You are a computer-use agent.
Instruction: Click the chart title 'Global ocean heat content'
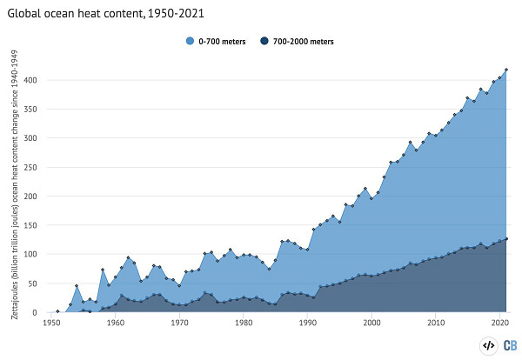(76, 13)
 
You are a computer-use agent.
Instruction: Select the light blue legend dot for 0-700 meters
(190, 41)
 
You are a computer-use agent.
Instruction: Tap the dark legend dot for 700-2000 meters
(264, 41)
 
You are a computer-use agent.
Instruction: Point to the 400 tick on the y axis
(30, 80)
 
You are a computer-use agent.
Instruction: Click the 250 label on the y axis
(30, 167)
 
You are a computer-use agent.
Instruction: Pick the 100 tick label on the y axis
(30, 254)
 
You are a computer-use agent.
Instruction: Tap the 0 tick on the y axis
(34, 312)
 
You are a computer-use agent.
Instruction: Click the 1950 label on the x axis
(51, 323)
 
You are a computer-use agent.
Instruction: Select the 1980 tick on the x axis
(244, 323)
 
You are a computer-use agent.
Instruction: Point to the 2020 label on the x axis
(499, 323)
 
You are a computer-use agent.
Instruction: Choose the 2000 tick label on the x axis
(371, 323)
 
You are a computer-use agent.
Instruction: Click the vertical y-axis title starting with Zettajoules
(15, 184)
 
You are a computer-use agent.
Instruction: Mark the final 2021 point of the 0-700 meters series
(506, 70)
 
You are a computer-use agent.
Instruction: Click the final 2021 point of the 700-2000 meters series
(506, 239)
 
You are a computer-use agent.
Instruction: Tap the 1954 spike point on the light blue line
(77, 285)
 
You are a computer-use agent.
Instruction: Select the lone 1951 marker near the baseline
(57, 311)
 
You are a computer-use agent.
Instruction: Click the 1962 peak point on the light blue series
(128, 257)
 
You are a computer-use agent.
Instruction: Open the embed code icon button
(488, 346)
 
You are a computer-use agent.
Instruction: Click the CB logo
(510, 346)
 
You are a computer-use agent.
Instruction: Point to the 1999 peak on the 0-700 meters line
(365, 189)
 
